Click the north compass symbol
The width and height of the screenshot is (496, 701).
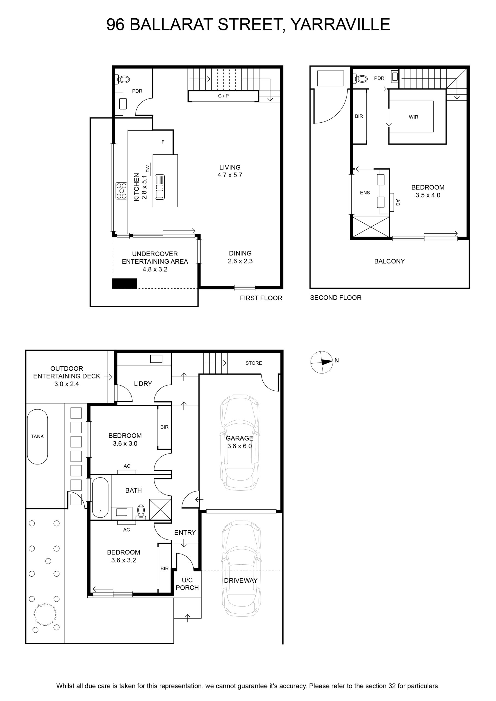(x=322, y=362)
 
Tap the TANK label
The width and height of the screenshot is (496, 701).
(x=37, y=436)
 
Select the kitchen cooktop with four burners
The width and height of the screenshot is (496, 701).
(x=121, y=191)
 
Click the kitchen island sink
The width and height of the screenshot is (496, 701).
(x=159, y=187)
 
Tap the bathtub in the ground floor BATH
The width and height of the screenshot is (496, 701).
(x=100, y=497)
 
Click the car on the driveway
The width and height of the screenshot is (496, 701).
(x=241, y=568)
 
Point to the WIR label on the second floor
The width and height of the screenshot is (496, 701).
(x=413, y=117)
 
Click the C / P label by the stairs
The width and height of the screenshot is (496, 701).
(x=223, y=96)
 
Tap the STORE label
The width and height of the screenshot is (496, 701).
(x=254, y=363)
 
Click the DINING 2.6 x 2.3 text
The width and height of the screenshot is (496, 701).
(x=240, y=257)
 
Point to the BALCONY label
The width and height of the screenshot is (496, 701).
(x=389, y=261)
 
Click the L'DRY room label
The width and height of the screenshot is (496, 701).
(x=143, y=384)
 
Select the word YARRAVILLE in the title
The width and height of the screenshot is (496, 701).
(x=340, y=24)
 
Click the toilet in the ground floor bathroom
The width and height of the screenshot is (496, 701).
(x=141, y=512)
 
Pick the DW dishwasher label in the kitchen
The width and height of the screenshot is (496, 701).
(x=148, y=169)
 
